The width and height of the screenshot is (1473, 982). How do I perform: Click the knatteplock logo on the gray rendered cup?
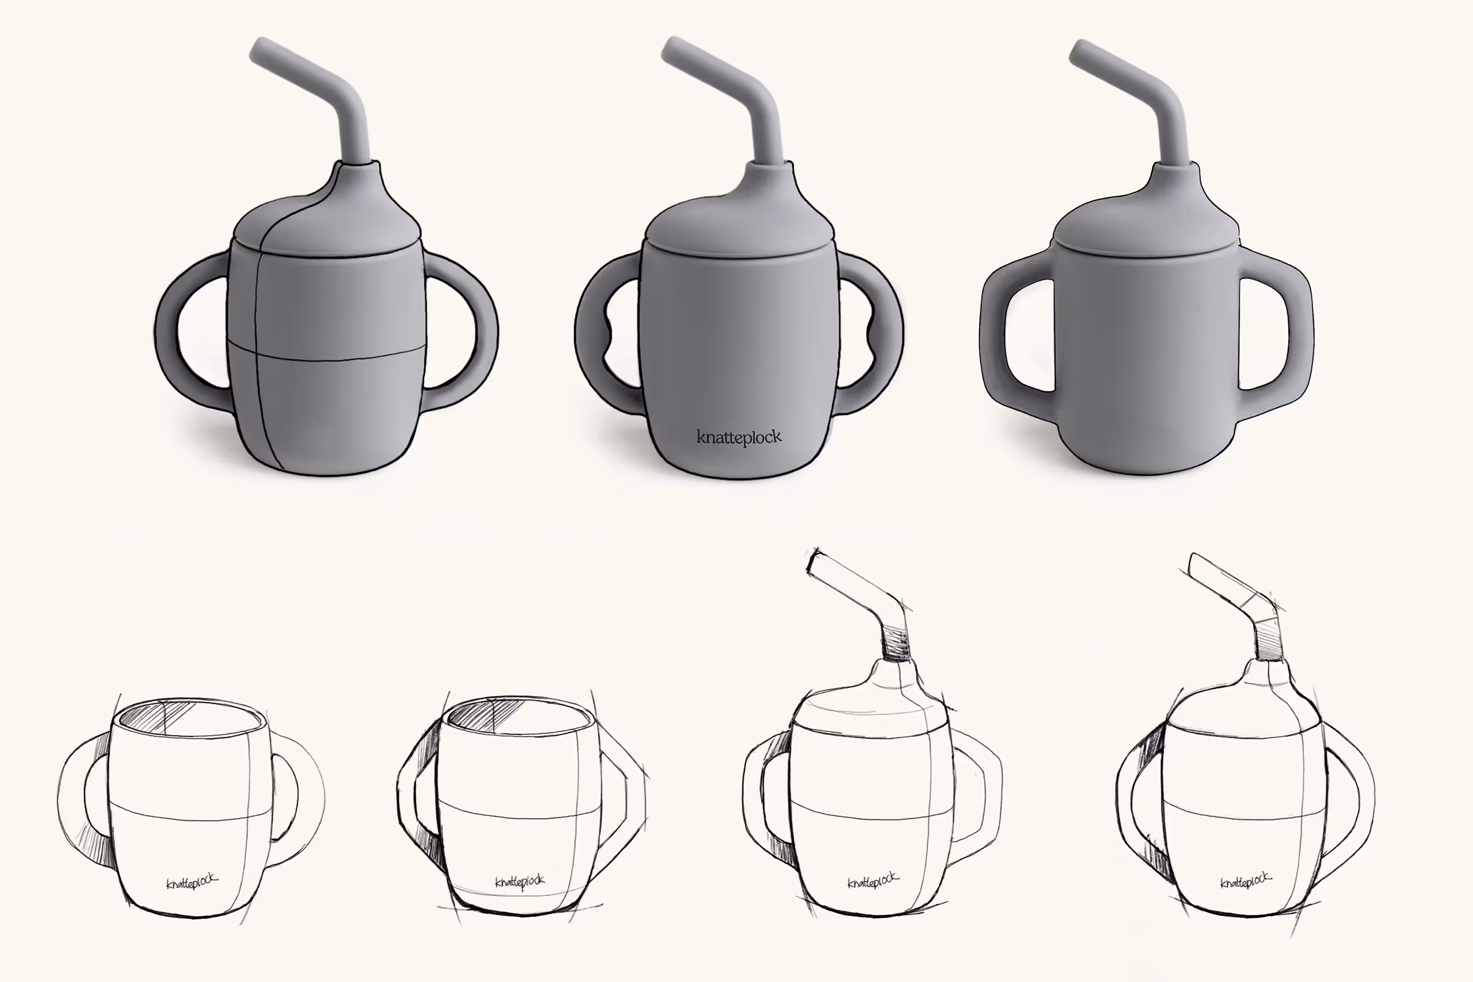point(739,437)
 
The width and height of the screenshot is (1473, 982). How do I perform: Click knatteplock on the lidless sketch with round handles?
point(191,882)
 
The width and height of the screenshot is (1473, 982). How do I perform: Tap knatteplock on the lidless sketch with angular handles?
point(520,882)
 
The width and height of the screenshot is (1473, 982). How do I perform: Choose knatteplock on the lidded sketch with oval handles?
point(1246,880)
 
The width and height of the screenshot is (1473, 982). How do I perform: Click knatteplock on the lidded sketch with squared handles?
point(873,882)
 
